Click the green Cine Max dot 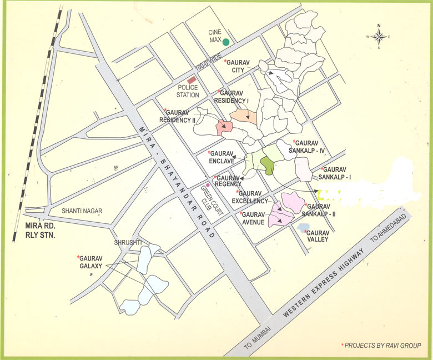226,42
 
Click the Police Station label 188,91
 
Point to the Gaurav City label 235,66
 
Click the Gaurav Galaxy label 90,262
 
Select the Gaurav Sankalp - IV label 313,146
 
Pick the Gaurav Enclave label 220,157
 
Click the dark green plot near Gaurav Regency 267,165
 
